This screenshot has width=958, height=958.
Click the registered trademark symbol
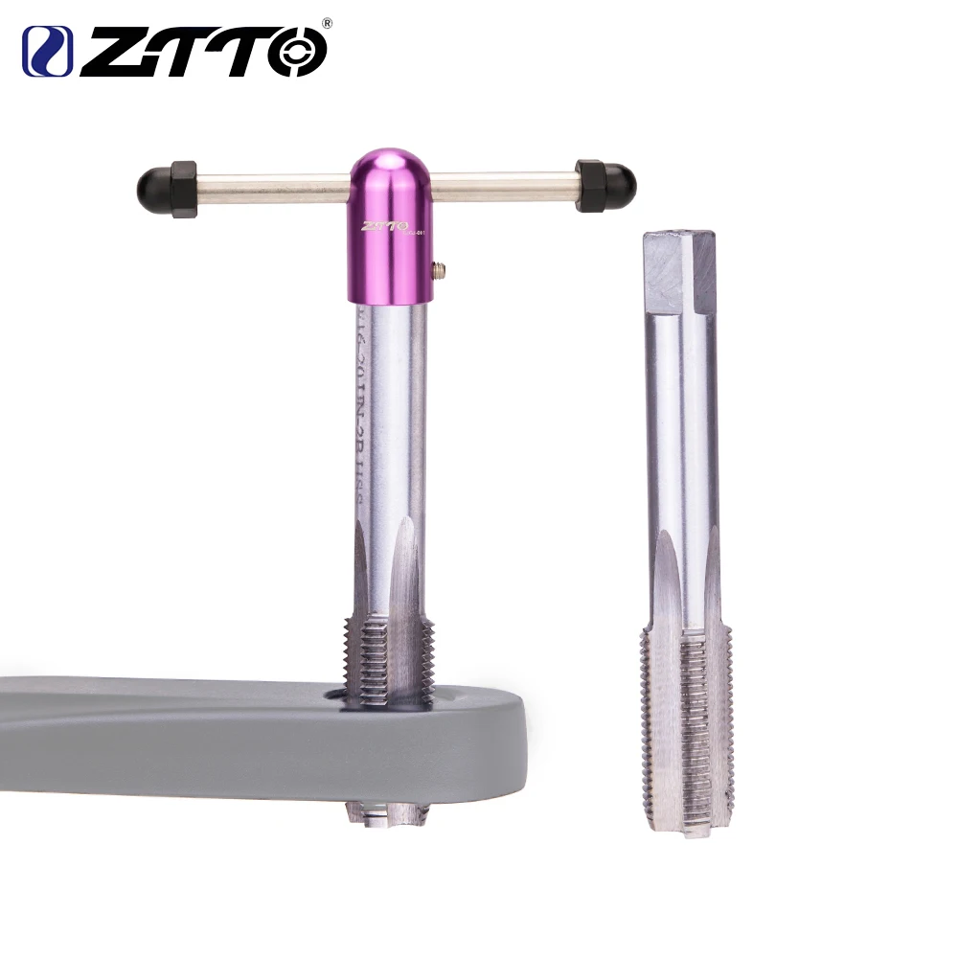[x=328, y=22]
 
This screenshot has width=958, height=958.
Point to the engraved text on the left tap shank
[x=364, y=412]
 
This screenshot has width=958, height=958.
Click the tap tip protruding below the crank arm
[x=388, y=814]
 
